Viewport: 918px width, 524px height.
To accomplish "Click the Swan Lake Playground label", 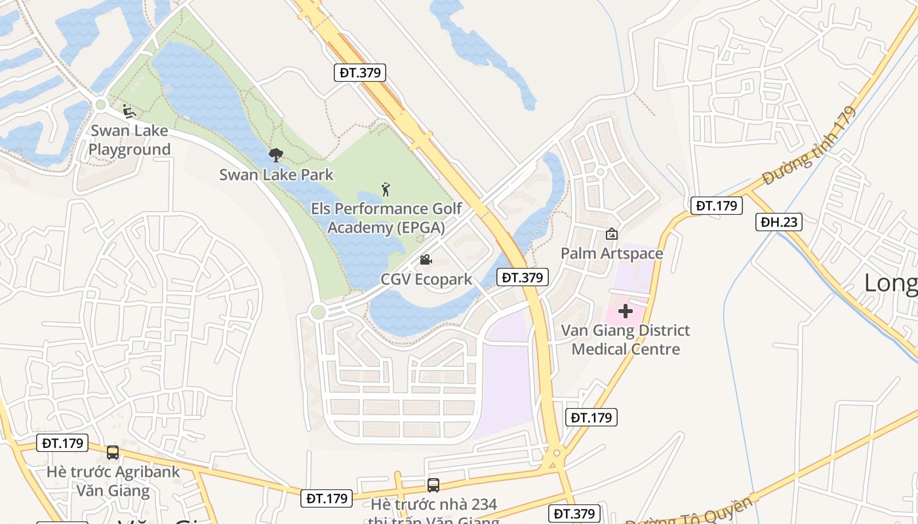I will (x=129, y=140).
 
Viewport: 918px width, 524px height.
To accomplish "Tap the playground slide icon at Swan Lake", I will (x=129, y=111).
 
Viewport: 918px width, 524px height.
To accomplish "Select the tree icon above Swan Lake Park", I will (x=276, y=155).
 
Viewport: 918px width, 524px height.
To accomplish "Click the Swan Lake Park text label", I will (x=276, y=175).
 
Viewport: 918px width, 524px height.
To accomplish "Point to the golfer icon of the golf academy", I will (x=386, y=190).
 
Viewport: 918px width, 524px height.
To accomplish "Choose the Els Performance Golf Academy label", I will (x=386, y=218).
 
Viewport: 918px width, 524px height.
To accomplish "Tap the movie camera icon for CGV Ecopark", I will (x=426, y=260).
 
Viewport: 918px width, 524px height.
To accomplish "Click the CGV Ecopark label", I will (x=426, y=280).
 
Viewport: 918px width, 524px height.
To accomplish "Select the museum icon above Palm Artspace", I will (x=612, y=234).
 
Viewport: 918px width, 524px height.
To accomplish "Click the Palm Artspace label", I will (x=612, y=253).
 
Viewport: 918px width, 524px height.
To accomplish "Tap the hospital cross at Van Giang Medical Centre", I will (x=625, y=311).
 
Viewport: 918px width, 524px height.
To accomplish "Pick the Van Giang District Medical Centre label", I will (x=626, y=339).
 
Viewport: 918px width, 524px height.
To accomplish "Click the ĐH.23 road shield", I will (x=779, y=222).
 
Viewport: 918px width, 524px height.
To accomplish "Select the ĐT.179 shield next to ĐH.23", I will (x=717, y=206).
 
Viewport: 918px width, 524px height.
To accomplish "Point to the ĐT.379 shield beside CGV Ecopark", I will (x=522, y=277).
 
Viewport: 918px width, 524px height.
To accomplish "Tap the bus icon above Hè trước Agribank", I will (x=113, y=453).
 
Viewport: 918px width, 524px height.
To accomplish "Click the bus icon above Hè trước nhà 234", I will (x=433, y=485).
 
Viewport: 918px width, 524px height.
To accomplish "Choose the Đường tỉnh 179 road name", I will (x=810, y=146).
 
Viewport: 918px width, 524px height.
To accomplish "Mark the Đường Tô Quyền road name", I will (x=688, y=513).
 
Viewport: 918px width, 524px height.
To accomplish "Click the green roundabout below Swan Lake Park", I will (x=318, y=312).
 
